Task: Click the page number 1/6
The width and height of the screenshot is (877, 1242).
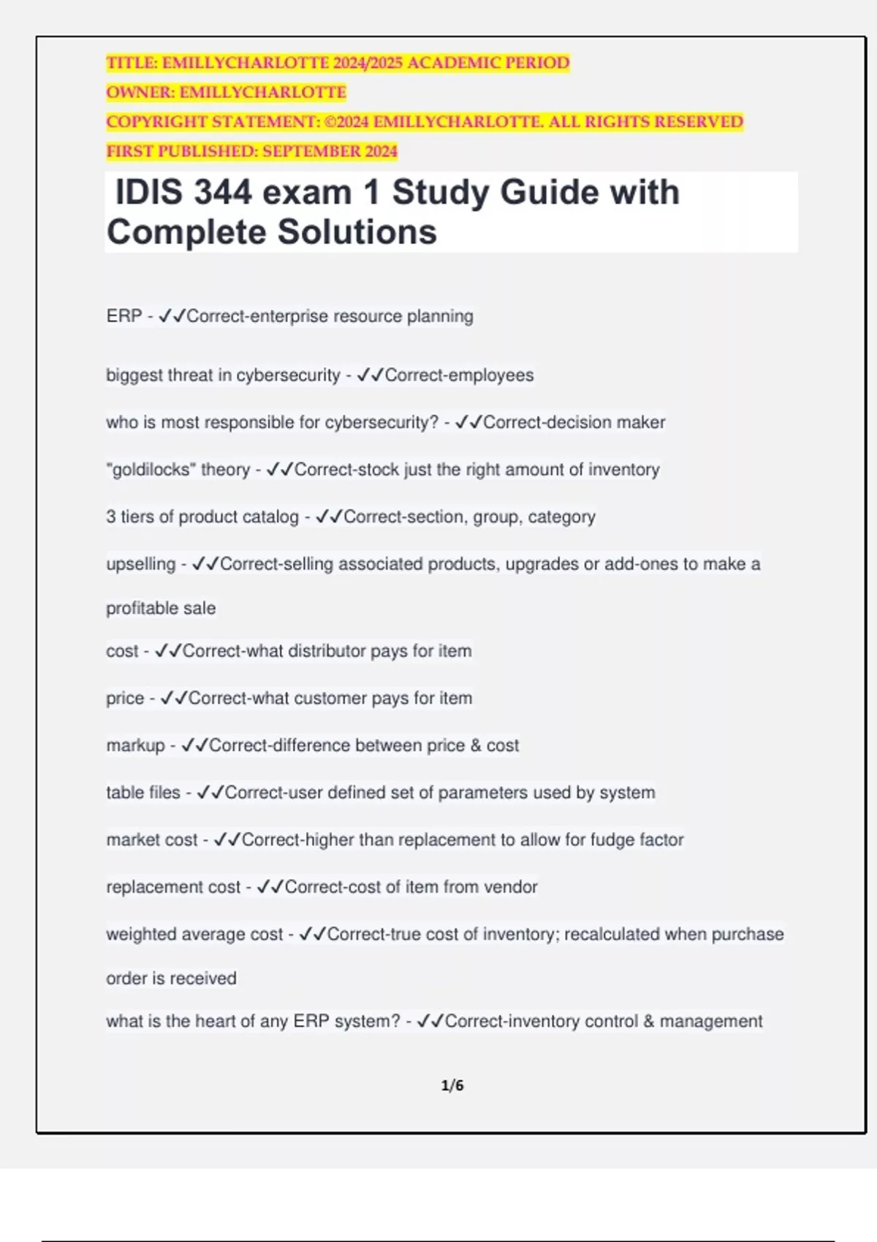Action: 452,1086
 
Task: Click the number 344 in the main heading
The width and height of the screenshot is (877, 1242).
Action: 223,193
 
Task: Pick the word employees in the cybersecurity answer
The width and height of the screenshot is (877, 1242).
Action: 496,376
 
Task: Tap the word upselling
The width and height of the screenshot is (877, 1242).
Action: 140,565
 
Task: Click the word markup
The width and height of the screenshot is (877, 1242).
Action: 135,746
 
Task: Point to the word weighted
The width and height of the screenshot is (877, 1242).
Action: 140,934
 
